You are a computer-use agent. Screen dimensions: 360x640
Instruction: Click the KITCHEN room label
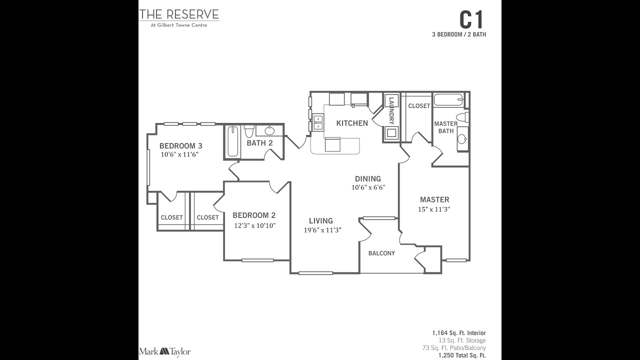click(x=352, y=123)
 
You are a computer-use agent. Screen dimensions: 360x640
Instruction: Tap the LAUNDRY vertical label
click(x=391, y=110)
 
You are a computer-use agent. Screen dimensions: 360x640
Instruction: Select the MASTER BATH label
click(x=446, y=127)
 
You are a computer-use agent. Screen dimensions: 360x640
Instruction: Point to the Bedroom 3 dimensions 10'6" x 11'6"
click(x=180, y=154)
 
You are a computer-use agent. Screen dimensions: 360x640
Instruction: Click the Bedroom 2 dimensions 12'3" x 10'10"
click(x=254, y=225)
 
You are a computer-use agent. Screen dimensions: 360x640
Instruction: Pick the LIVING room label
click(x=320, y=220)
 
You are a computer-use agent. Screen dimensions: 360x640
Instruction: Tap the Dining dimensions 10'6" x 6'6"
click(x=368, y=187)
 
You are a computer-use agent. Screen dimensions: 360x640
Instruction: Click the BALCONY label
click(x=381, y=253)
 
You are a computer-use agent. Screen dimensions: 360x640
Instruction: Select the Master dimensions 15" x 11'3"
click(x=434, y=209)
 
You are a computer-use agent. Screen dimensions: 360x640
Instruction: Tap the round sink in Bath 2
click(x=269, y=131)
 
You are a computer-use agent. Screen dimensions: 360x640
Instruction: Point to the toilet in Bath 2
click(x=249, y=131)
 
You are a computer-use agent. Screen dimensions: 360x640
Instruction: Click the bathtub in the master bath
click(x=448, y=99)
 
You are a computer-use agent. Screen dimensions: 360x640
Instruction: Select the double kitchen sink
click(x=317, y=122)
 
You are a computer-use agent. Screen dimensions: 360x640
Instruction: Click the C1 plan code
click(x=472, y=20)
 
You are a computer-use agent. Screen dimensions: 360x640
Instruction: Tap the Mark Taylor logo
click(x=164, y=351)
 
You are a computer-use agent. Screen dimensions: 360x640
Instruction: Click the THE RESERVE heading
click(x=179, y=14)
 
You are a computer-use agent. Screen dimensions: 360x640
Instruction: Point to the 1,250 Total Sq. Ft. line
click(x=462, y=355)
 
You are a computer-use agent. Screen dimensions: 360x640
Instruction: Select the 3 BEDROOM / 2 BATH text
click(x=459, y=34)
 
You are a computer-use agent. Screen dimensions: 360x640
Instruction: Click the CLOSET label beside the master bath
click(x=419, y=105)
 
